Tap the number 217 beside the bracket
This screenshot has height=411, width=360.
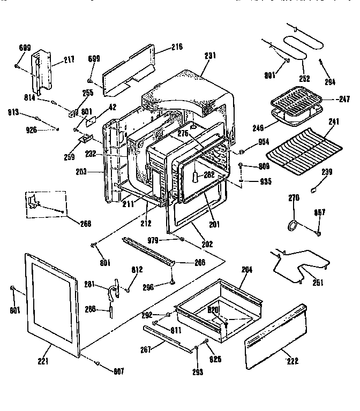pos(69,60)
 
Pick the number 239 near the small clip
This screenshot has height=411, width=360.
pos(327,172)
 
